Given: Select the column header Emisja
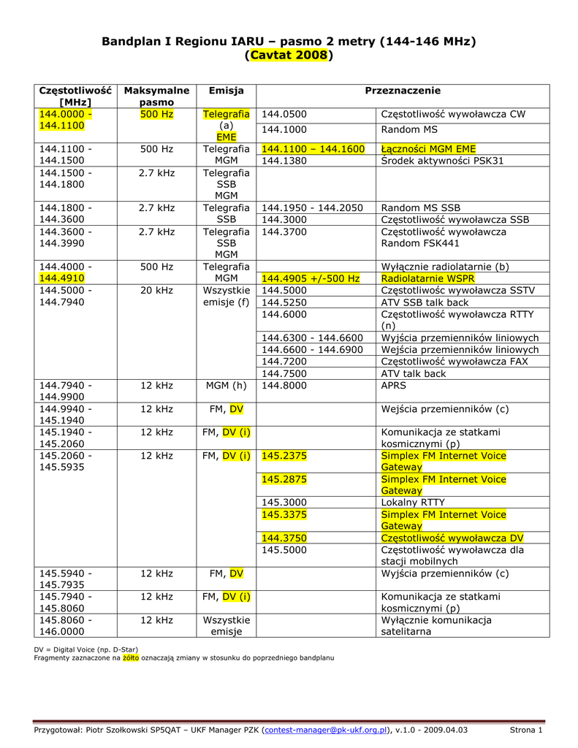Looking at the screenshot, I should (226, 91).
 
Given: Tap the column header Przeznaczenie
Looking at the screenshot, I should (403, 91).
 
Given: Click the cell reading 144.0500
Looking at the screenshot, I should (284, 115).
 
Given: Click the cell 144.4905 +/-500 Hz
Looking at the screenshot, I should (311, 279).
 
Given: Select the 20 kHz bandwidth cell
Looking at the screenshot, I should (156, 291).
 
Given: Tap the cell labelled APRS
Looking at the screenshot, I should (395, 386).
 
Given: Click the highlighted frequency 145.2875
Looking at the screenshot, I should (284, 479).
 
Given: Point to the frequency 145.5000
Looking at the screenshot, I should (284, 550).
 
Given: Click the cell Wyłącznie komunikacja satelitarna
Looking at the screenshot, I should (436, 626).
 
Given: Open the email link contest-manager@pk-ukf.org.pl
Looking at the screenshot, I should (325, 730).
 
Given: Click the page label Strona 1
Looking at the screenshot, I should (525, 730).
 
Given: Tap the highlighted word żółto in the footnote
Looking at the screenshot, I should (131, 658).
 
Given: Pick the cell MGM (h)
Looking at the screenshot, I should (226, 386).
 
